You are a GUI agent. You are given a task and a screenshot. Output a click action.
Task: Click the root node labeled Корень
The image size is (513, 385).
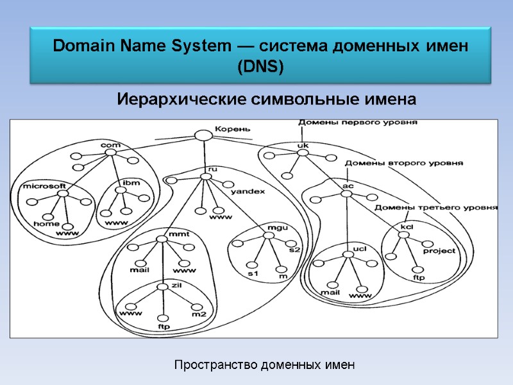[x=203, y=135]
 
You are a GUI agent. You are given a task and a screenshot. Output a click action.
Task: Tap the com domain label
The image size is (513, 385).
[x=111, y=146]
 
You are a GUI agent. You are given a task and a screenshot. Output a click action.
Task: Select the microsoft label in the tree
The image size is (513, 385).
[x=44, y=186]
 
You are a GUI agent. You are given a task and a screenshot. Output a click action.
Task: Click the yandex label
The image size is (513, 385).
[x=248, y=191]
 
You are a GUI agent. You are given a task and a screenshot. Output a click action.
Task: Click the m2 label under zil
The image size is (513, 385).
[x=199, y=314]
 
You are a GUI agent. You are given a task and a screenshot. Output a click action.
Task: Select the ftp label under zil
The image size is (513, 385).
[x=163, y=326]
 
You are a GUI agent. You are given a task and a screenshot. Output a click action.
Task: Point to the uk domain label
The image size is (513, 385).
[x=303, y=146]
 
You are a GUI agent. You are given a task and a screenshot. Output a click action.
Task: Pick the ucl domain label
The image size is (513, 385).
[x=359, y=248]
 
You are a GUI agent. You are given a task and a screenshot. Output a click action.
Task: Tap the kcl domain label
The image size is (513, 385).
[x=407, y=227]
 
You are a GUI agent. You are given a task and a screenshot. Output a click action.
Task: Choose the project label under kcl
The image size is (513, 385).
[x=439, y=251]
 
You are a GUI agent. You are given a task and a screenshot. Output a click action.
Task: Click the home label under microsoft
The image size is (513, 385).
[x=46, y=224]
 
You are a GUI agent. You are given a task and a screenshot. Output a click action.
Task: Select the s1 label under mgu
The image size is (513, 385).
[x=253, y=274]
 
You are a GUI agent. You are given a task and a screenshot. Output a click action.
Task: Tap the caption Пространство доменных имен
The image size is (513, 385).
[x=264, y=365]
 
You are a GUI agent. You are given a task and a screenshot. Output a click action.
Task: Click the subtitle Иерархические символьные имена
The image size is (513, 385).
[x=266, y=100]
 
